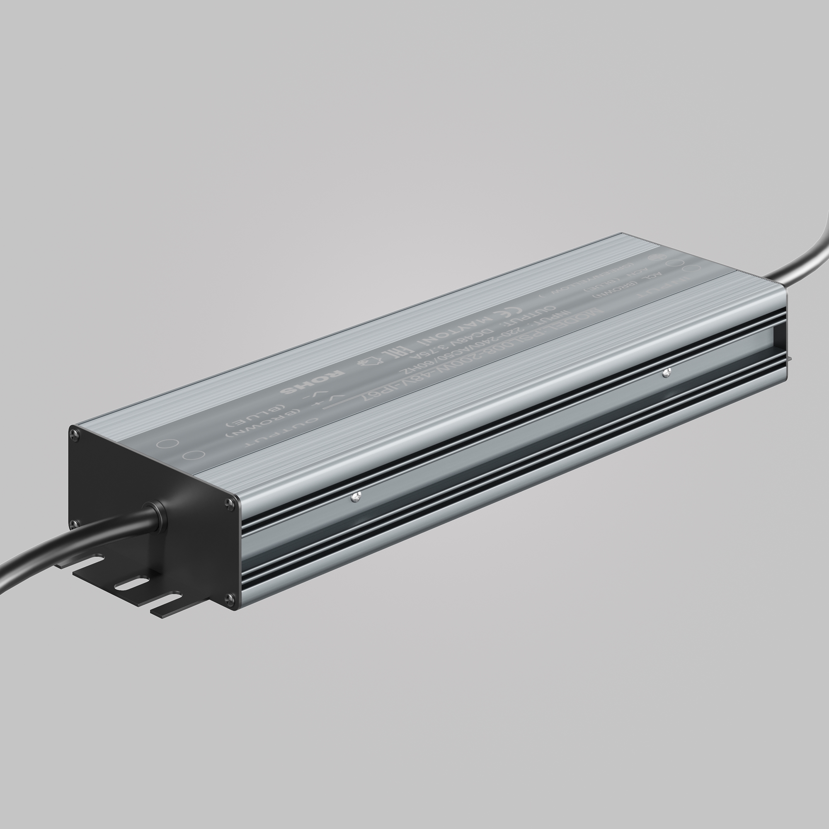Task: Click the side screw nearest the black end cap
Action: [x=356, y=497]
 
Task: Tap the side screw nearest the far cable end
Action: [x=666, y=373]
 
